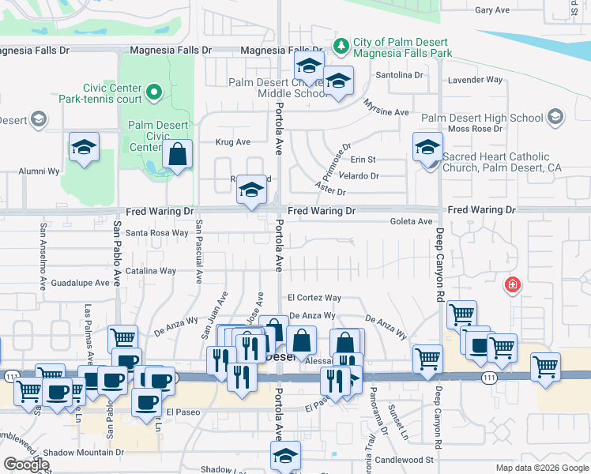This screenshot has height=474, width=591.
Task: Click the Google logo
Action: click(x=26, y=465)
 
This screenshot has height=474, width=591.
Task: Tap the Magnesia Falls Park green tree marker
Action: click(x=341, y=45)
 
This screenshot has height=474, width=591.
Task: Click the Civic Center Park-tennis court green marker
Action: click(x=155, y=92)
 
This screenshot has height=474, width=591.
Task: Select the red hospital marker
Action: click(x=513, y=284)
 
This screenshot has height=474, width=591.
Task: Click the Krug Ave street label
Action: click(x=232, y=142)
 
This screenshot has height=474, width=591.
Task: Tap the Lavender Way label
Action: click(x=475, y=80)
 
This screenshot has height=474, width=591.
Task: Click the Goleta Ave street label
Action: click(x=411, y=222)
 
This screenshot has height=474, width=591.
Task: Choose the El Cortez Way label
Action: click(x=314, y=298)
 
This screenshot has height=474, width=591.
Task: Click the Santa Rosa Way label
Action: click(x=158, y=233)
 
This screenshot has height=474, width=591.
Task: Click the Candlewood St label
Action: click(x=405, y=459)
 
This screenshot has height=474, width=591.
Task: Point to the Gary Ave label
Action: click(x=492, y=10)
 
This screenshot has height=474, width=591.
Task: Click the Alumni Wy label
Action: click(x=40, y=171)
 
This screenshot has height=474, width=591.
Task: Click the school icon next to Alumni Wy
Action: click(x=83, y=147)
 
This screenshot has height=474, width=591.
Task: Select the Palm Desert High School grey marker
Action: click(x=555, y=118)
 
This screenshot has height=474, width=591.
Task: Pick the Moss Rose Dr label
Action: click(x=475, y=129)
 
